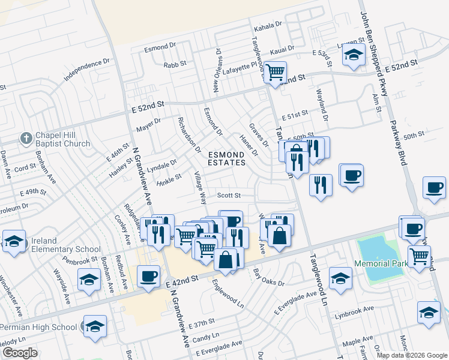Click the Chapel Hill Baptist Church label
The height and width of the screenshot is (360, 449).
[x=62, y=139]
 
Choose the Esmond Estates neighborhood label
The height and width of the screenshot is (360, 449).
[x=226, y=158]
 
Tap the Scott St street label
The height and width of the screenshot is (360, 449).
[x=229, y=195]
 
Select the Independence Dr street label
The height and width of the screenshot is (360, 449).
[x=87, y=70]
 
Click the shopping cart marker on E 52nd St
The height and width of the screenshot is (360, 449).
[x=275, y=73]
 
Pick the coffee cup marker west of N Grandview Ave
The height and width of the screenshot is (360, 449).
[x=148, y=277]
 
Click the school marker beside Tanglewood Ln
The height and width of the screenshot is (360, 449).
[x=340, y=279]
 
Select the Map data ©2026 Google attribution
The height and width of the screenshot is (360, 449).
[x=412, y=355]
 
